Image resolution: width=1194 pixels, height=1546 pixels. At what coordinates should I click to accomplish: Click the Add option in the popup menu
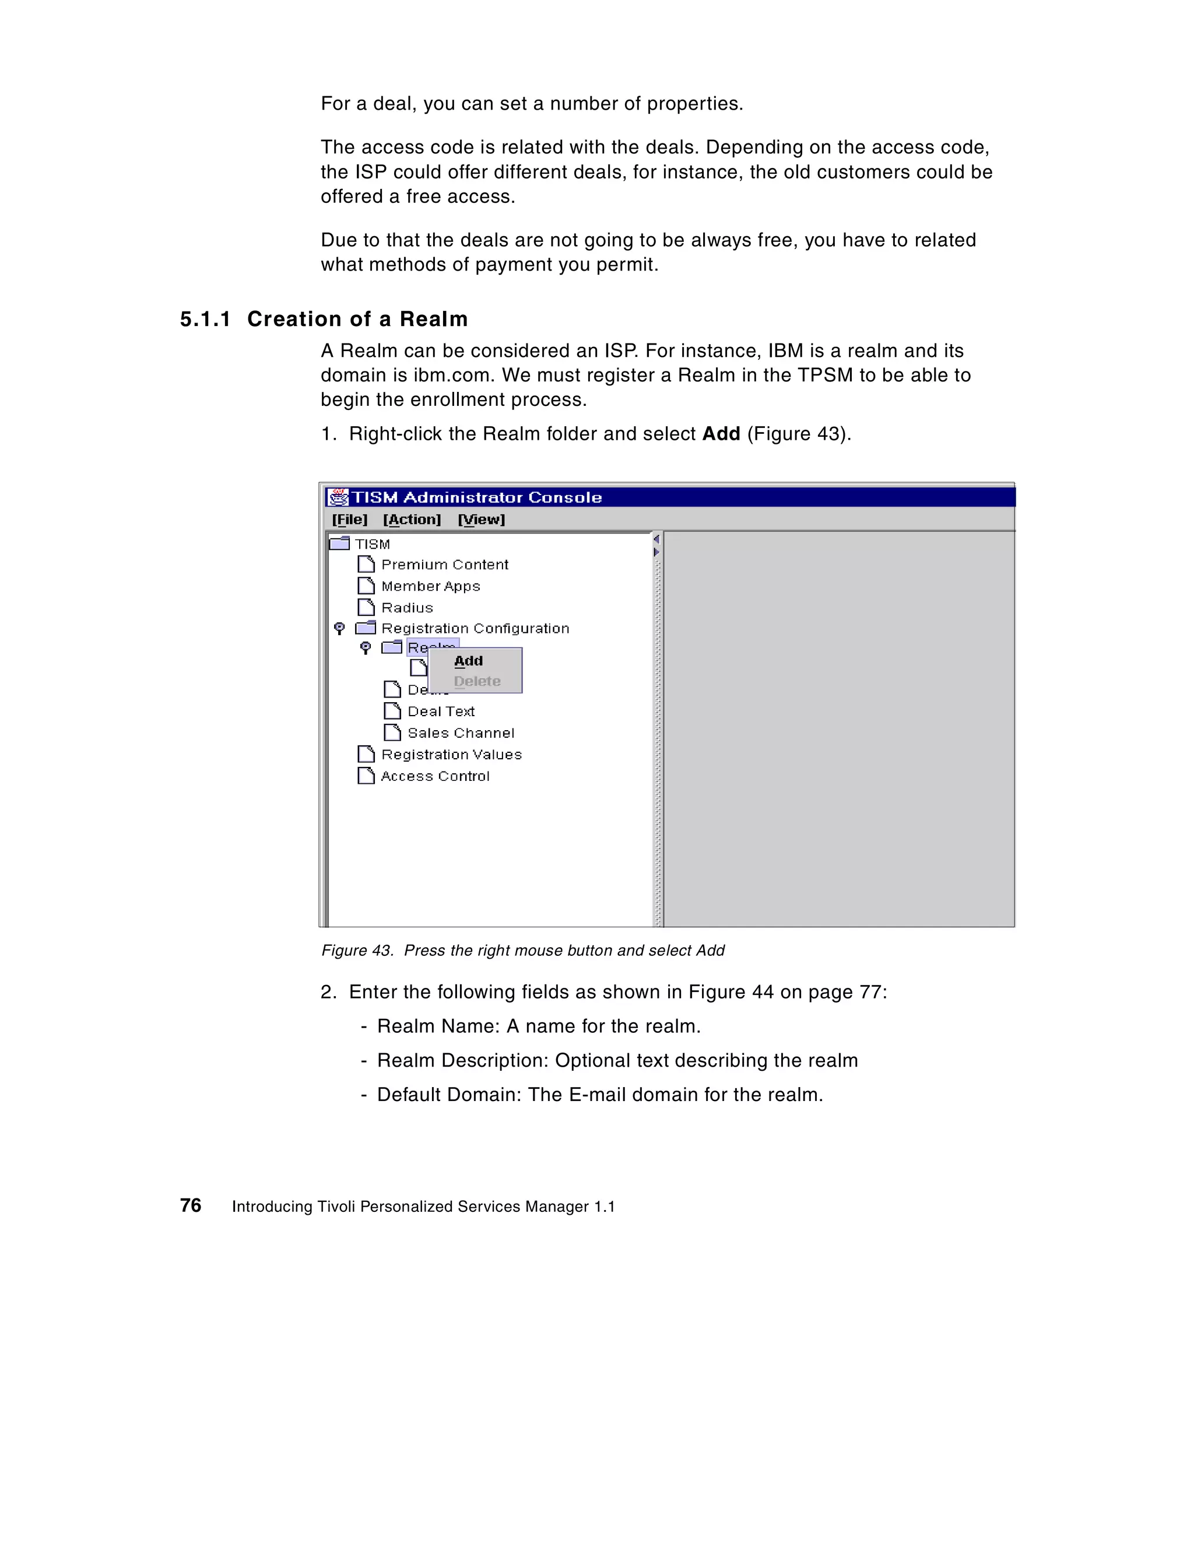pos(469,661)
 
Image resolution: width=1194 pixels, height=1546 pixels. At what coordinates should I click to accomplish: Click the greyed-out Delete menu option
pos(477,681)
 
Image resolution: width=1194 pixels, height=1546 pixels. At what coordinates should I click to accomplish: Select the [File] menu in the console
pos(350,520)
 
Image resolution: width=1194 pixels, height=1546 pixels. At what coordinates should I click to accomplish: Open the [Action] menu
pos(412,520)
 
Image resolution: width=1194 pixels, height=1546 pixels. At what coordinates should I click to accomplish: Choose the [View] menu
pos(482,520)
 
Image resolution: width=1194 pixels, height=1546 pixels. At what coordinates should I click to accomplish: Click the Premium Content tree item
pos(444,564)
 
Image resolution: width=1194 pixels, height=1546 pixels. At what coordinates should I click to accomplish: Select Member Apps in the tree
pos(430,586)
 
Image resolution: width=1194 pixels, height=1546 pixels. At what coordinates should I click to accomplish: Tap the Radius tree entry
pos(407,607)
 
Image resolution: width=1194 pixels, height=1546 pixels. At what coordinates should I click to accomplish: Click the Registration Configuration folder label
pos(475,628)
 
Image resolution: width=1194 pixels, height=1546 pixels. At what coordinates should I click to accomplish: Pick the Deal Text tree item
pos(441,711)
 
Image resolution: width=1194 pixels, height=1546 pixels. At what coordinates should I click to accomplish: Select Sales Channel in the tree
pos(461,732)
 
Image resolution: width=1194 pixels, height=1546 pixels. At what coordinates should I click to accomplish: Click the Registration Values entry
pos(452,755)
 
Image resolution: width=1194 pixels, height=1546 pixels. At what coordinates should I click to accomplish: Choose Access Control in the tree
pos(436,776)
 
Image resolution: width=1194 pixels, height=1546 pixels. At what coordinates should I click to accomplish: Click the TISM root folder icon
pos(340,543)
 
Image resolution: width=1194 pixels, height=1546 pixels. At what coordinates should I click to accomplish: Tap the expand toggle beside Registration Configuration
pos(340,628)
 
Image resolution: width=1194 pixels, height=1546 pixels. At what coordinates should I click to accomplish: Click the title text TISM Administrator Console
pos(477,497)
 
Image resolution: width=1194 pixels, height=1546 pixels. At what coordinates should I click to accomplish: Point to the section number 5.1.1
pos(205,319)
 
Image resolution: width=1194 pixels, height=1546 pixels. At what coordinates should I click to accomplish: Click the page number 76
pos(191,1205)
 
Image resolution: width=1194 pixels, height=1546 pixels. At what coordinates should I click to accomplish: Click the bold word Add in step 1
pos(721,433)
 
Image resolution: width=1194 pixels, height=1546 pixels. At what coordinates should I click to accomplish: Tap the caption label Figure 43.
pos(357,950)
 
